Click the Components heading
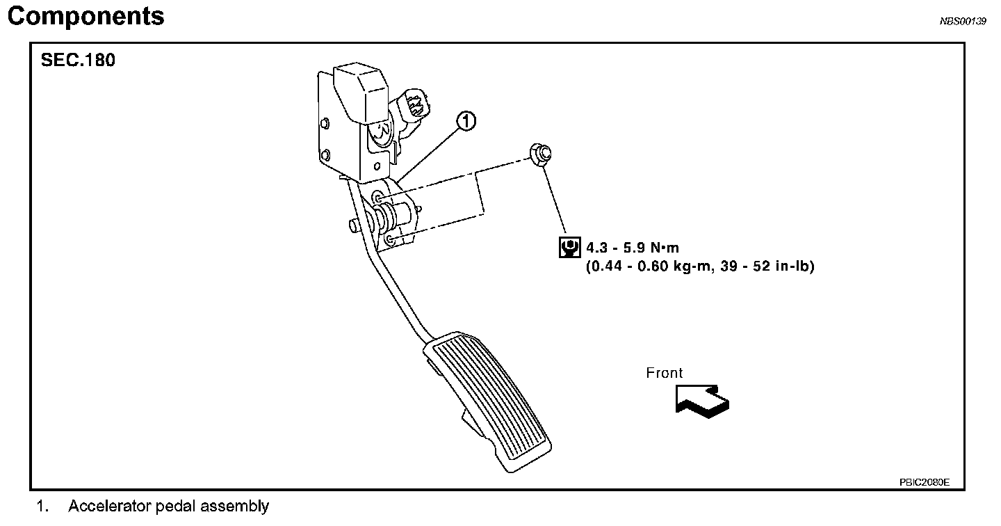(x=86, y=16)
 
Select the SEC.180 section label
(x=78, y=61)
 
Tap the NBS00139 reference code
(x=963, y=22)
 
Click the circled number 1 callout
(x=466, y=122)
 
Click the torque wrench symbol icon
(x=570, y=247)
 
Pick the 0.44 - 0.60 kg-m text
(x=650, y=265)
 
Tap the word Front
(x=665, y=373)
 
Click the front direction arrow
(x=702, y=401)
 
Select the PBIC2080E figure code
(x=924, y=481)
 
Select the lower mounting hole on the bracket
(x=390, y=240)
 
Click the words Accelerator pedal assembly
(x=168, y=507)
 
